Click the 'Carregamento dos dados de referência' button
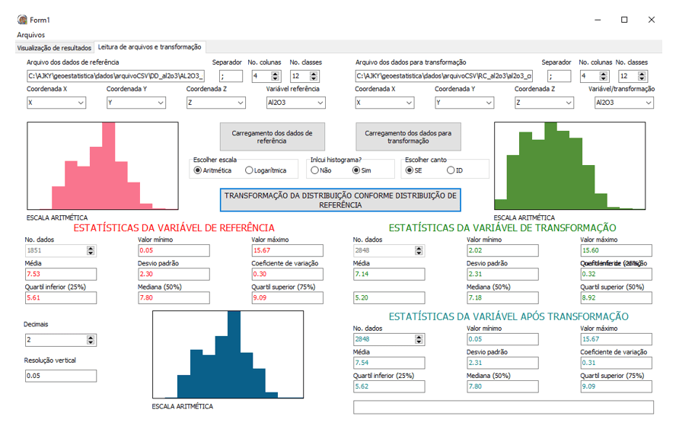(x=272, y=136)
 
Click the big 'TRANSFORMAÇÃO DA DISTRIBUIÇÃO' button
(x=341, y=200)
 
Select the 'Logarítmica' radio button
(x=250, y=170)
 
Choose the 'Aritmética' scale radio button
(x=198, y=170)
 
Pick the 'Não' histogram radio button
(x=315, y=170)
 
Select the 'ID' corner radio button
(x=451, y=170)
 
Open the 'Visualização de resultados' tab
(x=54, y=47)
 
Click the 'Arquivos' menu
(x=31, y=34)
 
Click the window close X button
(x=651, y=19)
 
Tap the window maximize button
(x=624, y=19)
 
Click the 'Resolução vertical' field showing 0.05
(x=60, y=376)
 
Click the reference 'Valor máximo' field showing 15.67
(x=295, y=250)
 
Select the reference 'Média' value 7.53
(x=60, y=274)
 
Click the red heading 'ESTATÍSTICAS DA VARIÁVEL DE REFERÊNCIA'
(x=174, y=227)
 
